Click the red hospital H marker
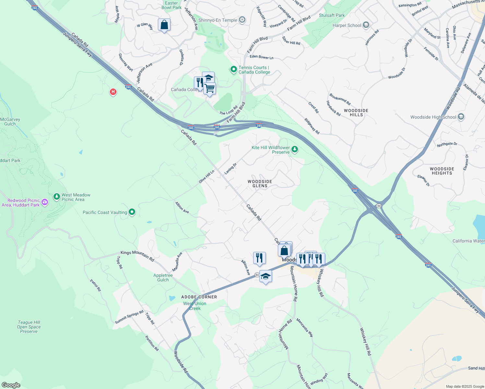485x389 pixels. [x=113, y=92]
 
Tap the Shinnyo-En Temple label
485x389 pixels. [x=218, y=20]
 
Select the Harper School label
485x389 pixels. [x=347, y=25]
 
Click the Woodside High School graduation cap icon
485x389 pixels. [x=461, y=117]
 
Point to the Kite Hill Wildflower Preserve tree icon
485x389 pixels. [x=294, y=149]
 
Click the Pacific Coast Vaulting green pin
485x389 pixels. [x=132, y=212]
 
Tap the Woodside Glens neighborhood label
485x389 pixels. [x=260, y=184]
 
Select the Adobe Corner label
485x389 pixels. [x=199, y=297]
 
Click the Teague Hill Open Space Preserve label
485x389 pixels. [x=29, y=327]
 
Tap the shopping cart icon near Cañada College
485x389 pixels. [x=210, y=88]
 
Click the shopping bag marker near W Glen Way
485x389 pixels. [x=164, y=25]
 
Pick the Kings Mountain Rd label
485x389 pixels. [x=137, y=255]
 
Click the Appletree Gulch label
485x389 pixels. [x=163, y=277]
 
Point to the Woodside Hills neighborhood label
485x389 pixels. [x=356, y=112]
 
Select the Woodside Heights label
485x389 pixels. [x=442, y=171]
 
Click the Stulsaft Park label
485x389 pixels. [x=332, y=15]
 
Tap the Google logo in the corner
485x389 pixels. [x=11, y=385]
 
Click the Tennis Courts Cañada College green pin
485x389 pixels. [x=233, y=69]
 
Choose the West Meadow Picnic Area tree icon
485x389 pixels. [x=57, y=196]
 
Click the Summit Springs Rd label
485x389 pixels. [x=129, y=317]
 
